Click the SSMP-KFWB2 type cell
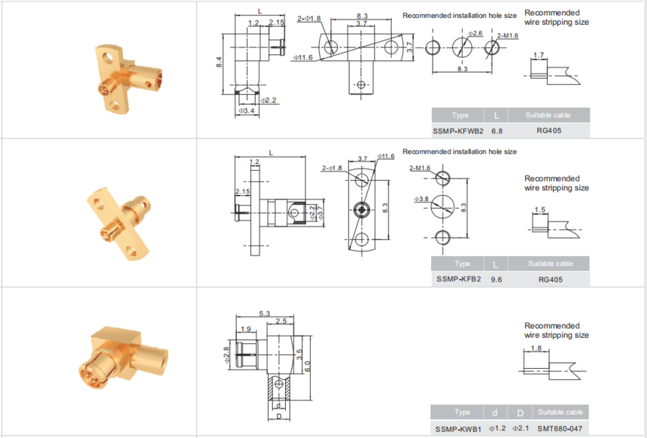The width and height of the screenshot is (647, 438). (x=458, y=131)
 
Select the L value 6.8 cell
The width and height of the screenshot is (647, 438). (x=497, y=131)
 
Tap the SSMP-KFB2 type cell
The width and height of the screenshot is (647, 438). (x=458, y=279)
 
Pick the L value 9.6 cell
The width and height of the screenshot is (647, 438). (x=497, y=279)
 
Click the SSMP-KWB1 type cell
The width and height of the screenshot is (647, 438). (x=458, y=429)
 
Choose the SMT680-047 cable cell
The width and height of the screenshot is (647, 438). (x=560, y=429)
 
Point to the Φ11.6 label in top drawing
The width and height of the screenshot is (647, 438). (x=303, y=58)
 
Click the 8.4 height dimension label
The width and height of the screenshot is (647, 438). (x=219, y=62)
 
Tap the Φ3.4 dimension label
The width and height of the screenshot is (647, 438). (x=246, y=111)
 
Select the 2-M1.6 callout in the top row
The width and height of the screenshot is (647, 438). (x=508, y=36)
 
